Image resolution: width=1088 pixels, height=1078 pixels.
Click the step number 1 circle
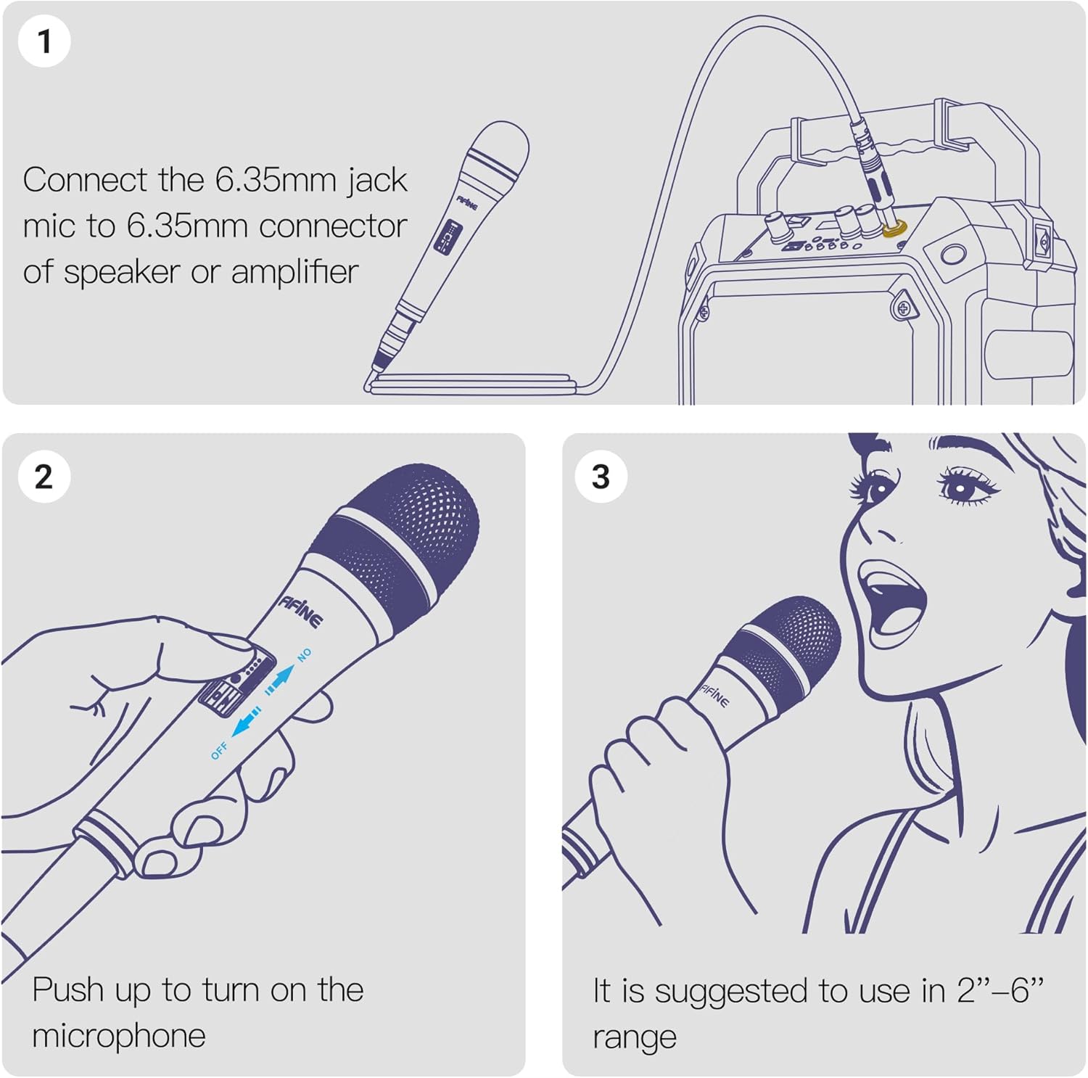click(44, 41)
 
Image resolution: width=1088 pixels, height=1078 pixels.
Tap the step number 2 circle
click(44, 477)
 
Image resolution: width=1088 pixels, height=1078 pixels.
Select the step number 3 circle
click(601, 477)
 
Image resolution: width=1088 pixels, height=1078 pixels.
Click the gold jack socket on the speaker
click(894, 230)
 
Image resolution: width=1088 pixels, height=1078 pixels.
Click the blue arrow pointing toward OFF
click(247, 722)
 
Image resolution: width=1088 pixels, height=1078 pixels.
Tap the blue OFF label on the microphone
click(219, 751)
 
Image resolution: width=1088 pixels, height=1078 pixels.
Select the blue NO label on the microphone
click(305, 654)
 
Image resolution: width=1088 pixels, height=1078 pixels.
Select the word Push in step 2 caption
click(68, 990)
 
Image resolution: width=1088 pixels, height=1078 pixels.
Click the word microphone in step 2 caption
click(119, 1036)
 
